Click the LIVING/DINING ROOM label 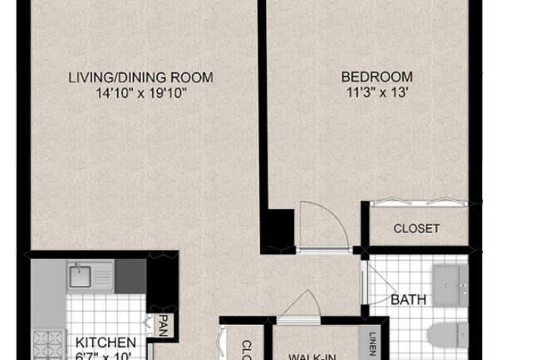[x=140, y=78]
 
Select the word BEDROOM [x=376, y=78]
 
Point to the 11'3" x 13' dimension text [x=376, y=92]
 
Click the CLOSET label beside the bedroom [x=416, y=229]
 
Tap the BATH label [x=408, y=299]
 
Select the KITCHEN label [x=106, y=343]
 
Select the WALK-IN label [x=311, y=356]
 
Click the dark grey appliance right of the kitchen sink [x=130, y=275]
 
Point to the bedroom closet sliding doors [x=417, y=202]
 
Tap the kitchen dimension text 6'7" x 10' [x=106, y=356]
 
